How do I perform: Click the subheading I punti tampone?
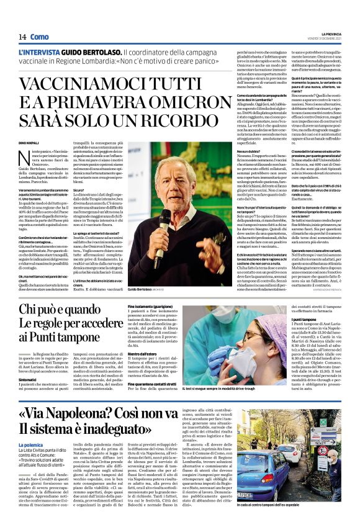[271, 318]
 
